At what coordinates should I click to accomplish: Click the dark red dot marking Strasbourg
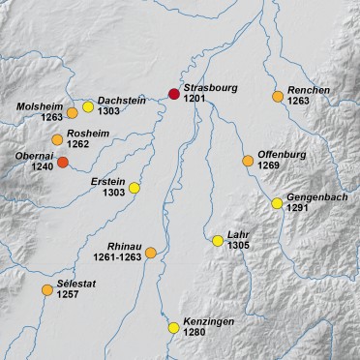coord(174,94)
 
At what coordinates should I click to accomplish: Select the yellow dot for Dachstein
coord(88,107)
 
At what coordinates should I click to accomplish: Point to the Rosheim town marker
coord(56,140)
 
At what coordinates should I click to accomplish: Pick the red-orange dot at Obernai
coord(63,163)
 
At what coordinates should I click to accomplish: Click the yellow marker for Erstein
coord(135,188)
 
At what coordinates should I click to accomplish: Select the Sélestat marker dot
coord(46,289)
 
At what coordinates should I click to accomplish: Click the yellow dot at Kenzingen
coord(174,327)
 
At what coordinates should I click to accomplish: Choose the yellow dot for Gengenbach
coord(277,203)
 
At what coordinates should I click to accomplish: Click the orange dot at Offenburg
coord(249,160)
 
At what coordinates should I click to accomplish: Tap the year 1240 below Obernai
coord(42,166)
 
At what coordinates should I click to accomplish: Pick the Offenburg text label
coord(283,155)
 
